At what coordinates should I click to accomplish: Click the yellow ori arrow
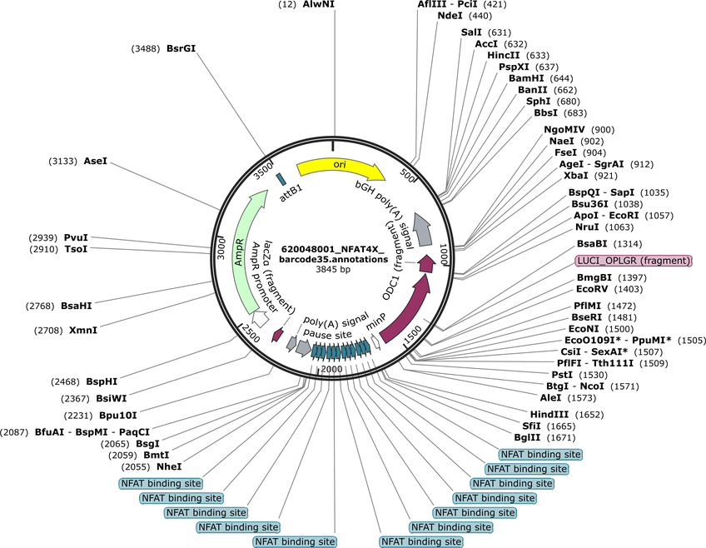(340, 168)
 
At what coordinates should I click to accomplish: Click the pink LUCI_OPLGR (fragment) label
(634, 261)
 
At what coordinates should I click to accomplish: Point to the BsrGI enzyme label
(181, 48)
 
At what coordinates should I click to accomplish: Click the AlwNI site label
(319, 4)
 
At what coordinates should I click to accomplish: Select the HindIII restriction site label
(549, 414)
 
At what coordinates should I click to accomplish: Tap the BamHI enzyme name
(526, 78)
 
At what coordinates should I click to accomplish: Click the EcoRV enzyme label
(592, 289)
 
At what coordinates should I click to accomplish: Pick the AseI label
(96, 161)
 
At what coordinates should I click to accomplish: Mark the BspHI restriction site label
(102, 381)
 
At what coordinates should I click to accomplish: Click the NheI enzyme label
(169, 466)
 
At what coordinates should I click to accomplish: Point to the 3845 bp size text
(333, 269)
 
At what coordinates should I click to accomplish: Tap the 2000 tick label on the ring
(332, 369)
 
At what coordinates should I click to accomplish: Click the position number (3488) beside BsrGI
(146, 48)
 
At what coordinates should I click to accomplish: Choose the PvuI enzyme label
(76, 237)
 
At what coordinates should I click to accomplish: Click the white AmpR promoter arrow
(261, 317)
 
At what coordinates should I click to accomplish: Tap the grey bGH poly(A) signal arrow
(422, 229)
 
